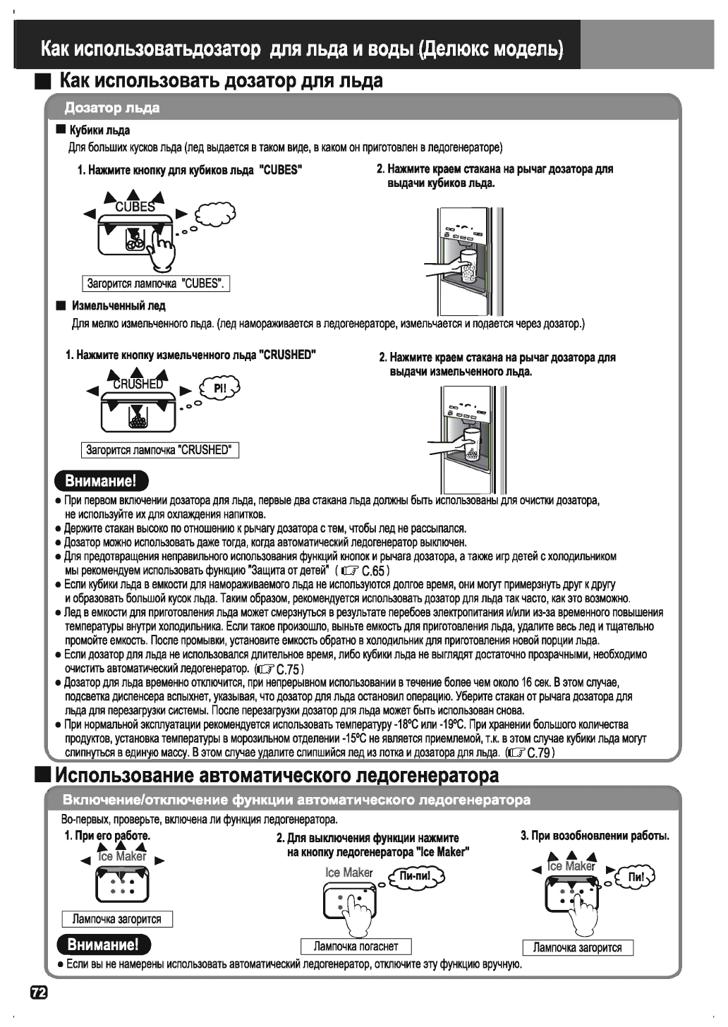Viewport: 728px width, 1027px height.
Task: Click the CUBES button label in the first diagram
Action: point(135,207)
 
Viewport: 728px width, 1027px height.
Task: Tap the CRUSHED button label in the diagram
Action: point(138,384)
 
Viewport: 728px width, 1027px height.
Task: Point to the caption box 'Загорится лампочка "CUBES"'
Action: point(156,284)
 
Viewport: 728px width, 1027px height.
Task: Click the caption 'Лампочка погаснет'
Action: point(356,946)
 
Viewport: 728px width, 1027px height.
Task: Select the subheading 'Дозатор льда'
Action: point(112,108)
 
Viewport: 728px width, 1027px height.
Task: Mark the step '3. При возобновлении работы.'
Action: point(595,837)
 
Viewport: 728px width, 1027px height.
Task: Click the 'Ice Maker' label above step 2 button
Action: point(348,873)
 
